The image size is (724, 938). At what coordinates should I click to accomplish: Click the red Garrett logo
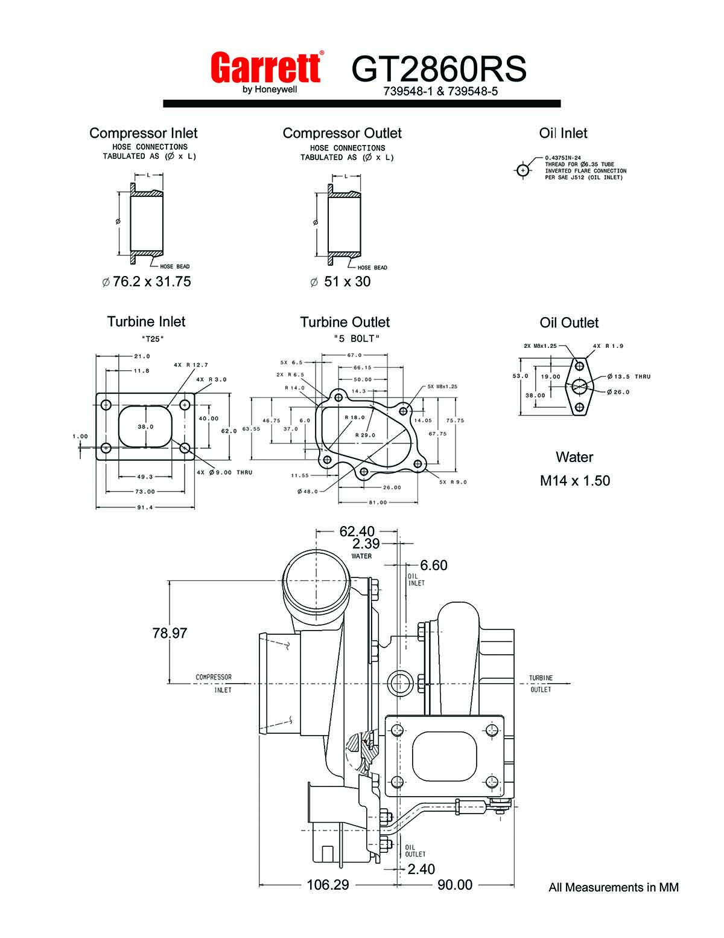coord(265,68)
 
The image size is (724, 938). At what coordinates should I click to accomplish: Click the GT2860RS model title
coord(439,69)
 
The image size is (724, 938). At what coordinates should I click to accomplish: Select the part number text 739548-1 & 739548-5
coord(440,92)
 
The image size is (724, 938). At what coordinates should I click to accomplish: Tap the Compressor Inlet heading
coord(144,133)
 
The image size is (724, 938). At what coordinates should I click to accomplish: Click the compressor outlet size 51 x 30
coord(341,281)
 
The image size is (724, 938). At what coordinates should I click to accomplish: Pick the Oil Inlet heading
coord(563,133)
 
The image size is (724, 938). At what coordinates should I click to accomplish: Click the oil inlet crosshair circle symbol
coord(522,170)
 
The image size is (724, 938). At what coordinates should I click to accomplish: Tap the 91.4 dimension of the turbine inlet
coord(145,507)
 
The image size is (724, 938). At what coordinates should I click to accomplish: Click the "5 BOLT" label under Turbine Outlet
coord(357,338)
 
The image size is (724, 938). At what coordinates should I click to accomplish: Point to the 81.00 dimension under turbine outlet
coord(377,503)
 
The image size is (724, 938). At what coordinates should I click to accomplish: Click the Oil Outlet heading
coord(569,323)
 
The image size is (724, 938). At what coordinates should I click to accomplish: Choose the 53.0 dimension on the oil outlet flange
coord(521,376)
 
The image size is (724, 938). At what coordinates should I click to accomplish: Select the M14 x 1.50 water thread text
coord(575,481)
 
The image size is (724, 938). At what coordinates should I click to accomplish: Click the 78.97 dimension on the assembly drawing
coord(170,633)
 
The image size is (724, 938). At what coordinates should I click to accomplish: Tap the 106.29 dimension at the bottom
coord(328,885)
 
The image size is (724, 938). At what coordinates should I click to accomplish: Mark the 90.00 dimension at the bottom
coord(455,885)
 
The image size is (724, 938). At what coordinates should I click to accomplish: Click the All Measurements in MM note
coord(614,887)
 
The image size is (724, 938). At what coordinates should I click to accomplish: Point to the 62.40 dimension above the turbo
coord(357,532)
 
